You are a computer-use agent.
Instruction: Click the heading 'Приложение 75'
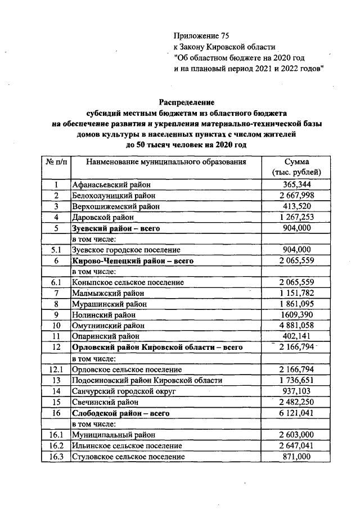[202, 36]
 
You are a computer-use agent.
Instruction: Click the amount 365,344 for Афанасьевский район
[296, 185]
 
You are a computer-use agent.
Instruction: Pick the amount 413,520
[296, 206]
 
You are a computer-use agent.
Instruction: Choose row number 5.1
[56, 250]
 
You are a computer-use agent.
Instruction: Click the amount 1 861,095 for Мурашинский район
[296, 304]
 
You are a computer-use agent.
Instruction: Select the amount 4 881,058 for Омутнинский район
[296, 326]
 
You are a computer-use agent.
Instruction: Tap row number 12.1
[56, 370]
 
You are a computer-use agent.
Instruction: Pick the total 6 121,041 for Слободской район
[296, 413]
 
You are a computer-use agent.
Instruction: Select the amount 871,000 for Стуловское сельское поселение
[296, 457]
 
